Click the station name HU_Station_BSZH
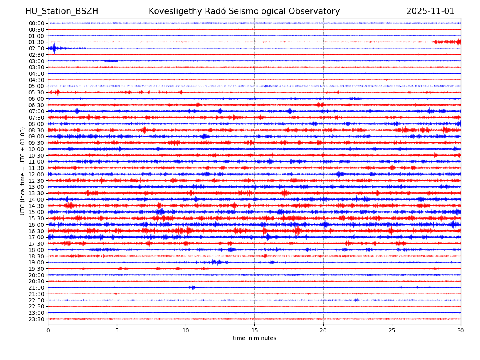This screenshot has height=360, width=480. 62,11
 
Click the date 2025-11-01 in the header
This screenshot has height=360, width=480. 430,11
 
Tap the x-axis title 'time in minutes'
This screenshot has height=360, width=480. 254,338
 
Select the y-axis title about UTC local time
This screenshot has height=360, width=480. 23,171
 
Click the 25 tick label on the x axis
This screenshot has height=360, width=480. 392,331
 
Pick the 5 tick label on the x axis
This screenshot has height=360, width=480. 117,331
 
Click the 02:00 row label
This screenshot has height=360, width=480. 36,48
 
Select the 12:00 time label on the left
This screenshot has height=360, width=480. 36,174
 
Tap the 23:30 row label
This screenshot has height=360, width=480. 36,319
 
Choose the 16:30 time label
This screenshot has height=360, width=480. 36,231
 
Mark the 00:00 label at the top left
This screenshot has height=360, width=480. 36,23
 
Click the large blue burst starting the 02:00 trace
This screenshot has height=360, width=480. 54,48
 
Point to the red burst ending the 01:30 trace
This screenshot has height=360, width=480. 458,42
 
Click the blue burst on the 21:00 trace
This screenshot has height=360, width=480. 192,288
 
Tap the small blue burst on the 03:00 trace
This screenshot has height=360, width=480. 111,61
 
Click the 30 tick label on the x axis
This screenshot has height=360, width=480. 461,331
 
